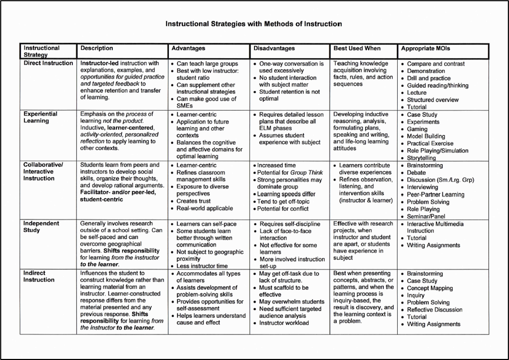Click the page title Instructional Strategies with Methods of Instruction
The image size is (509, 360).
point(253,24)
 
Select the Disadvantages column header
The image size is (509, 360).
point(274,48)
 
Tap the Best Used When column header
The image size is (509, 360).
point(357,48)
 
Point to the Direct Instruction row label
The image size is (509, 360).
point(48,63)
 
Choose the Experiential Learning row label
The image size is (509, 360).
point(40,117)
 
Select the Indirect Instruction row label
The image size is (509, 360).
point(39,276)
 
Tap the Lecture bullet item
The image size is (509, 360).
point(417,93)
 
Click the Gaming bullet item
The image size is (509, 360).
point(418,129)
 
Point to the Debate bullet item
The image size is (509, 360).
point(416,173)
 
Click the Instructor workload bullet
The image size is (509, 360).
point(284,323)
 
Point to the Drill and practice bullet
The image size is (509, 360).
point(429,78)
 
